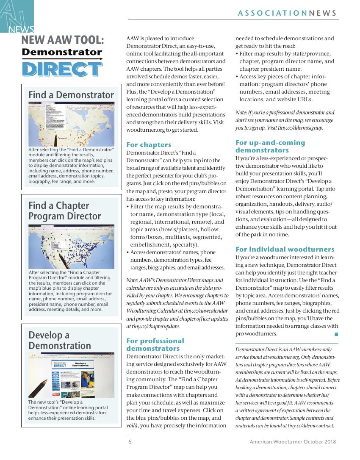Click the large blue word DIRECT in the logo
tap(62, 69)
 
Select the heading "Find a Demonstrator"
tap(71, 94)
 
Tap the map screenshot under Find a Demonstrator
tap(71, 124)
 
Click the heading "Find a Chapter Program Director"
tap(65, 211)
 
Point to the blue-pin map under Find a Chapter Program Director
tap(71, 247)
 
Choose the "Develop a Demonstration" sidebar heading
tap(60, 340)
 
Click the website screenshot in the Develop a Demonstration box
tap(71, 375)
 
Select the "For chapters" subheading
tap(149, 144)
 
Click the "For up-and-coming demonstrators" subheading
tap(270, 146)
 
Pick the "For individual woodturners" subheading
tap(285, 249)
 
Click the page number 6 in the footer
tap(130, 442)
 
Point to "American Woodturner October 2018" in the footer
tap(293, 442)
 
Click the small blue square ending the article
tap(336, 334)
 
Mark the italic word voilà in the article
tap(133, 425)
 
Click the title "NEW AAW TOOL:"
tap(62, 41)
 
